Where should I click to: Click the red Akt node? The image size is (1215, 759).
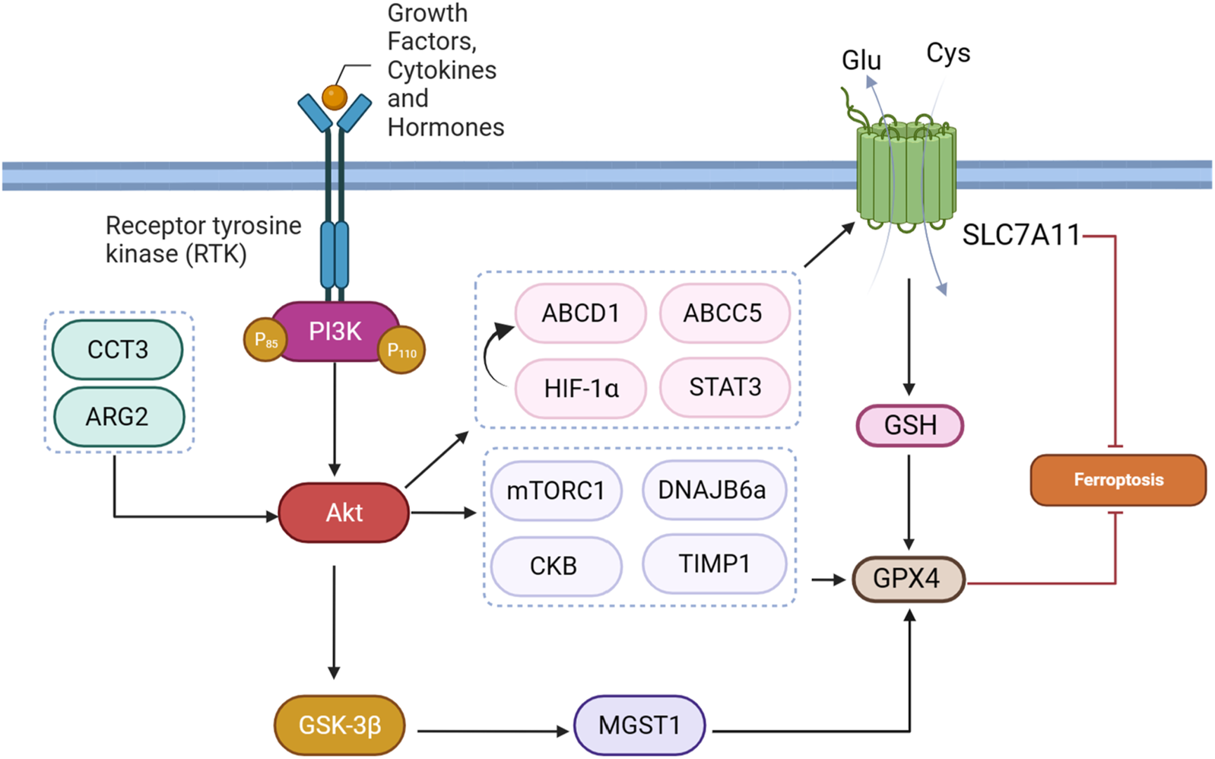344,513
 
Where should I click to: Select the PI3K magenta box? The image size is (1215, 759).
335,332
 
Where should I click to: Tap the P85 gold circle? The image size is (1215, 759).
265,340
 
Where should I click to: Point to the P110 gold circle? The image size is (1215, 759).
401,351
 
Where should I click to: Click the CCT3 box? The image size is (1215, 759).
117,350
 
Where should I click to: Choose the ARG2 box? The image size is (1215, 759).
118,417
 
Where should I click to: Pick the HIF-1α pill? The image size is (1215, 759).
580,389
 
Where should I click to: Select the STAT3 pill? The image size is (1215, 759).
725,387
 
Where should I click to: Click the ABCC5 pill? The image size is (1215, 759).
723,313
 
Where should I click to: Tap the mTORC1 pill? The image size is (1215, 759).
556,491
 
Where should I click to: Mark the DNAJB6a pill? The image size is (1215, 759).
712,490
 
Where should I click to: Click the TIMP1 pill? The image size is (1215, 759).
714,564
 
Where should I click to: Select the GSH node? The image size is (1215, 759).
910,425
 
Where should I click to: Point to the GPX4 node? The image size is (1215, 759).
908,579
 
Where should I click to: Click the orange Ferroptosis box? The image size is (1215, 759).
1118,480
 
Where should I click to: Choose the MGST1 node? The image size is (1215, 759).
639,726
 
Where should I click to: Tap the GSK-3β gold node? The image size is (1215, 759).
339,726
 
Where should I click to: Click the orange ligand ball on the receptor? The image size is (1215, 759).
335,97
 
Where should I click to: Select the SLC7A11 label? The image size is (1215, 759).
1021,235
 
